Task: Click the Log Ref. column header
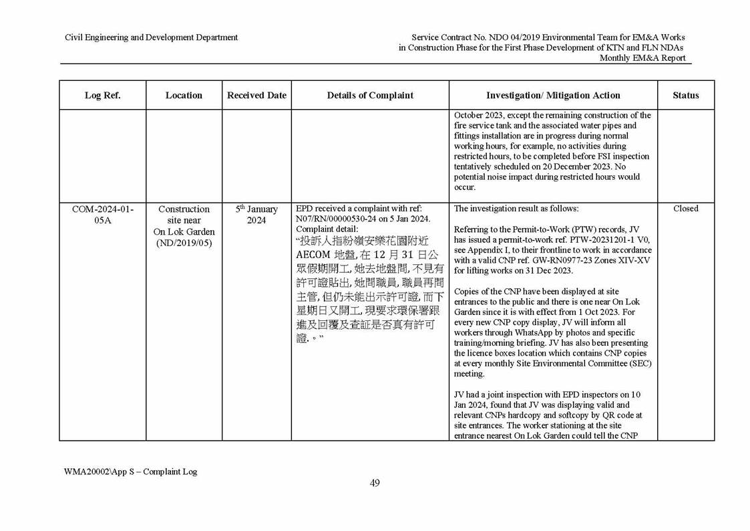point(102,96)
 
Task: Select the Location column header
point(184,96)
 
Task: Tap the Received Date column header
point(256,96)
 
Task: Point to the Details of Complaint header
point(370,96)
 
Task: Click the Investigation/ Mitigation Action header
point(553,96)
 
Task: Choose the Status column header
point(685,96)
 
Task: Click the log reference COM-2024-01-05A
point(102,215)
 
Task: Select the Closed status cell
point(685,209)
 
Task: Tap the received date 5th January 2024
point(256,215)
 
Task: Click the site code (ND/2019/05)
point(184,243)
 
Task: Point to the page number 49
point(375,484)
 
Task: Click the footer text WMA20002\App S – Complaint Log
point(131,471)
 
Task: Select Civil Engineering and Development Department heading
point(151,37)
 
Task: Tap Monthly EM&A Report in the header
point(642,58)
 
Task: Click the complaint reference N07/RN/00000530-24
point(339,219)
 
